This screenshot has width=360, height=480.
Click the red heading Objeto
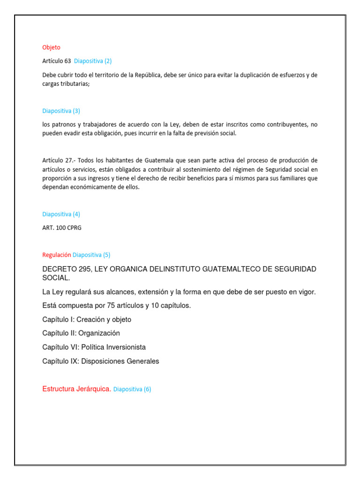[51, 47]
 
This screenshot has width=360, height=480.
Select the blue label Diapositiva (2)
[93, 61]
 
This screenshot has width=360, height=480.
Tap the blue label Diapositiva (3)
[61, 111]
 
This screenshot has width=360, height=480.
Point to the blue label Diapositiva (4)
[61, 214]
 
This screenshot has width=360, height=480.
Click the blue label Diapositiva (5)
[91, 255]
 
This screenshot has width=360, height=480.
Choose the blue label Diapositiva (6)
[132, 389]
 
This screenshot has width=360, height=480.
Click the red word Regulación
[57, 255]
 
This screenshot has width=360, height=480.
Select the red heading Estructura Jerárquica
[76, 389]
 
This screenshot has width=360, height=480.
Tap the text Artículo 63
[56, 61]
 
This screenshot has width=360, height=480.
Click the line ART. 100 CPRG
[62, 228]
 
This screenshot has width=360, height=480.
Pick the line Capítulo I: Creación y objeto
[87, 320]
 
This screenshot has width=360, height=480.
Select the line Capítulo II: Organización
[81, 333]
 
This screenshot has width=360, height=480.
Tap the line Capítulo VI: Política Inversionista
[94, 347]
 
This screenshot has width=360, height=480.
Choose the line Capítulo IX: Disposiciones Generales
[100, 361]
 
